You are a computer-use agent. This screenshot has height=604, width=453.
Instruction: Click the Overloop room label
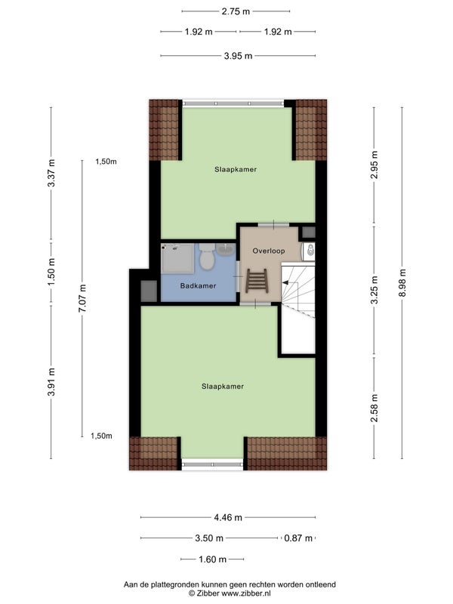point(269,251)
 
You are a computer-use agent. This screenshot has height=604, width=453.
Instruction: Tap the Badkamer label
point(198,286)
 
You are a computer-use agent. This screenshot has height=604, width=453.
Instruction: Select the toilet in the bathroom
point(207,256)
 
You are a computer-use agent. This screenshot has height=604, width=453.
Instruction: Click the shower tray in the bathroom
point(177,258)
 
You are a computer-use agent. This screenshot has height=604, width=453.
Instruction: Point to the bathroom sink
point(225,250)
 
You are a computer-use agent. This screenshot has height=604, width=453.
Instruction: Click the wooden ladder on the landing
point(256,281)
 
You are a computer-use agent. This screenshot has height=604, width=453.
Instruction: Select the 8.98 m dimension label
point(402,282)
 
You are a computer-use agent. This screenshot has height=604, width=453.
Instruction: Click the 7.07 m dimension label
point(82,298)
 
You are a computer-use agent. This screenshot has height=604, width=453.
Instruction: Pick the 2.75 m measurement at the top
point(236,11)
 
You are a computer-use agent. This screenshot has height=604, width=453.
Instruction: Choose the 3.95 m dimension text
point(238,56)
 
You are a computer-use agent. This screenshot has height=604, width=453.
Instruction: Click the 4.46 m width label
point(228,517)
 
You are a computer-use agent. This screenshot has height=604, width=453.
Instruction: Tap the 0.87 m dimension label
point(298,538)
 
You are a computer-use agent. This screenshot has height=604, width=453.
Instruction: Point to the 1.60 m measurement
point(212,559)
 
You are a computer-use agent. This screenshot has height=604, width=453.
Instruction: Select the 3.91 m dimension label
point(51,382)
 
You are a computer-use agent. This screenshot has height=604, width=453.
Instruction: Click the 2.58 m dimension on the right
point(374,408)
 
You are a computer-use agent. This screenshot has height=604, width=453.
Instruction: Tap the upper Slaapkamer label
point(236,169)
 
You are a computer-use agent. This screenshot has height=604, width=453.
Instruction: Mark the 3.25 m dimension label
point(374,290)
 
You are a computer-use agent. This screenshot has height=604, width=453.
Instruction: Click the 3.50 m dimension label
point(209,538)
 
